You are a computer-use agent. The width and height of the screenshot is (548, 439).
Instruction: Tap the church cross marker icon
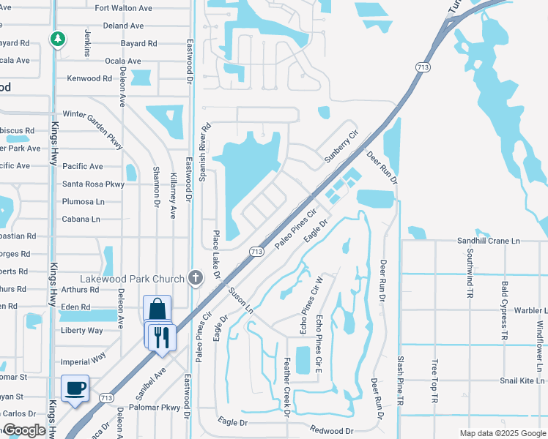point(195,277)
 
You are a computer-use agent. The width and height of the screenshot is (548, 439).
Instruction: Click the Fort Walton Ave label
point(123,8)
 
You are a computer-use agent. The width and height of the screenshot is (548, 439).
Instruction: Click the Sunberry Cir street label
point(342,147)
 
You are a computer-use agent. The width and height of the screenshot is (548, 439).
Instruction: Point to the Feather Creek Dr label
point(287,386)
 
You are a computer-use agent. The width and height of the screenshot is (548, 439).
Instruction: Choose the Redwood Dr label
point(331,430)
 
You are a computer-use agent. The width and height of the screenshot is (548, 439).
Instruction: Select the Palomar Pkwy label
point(155,408)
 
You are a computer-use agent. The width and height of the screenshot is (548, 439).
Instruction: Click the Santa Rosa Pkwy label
point(94,184)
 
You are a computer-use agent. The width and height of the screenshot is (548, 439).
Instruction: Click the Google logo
point(24,431)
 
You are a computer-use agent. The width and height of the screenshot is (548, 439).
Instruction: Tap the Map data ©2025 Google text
point(502,433)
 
